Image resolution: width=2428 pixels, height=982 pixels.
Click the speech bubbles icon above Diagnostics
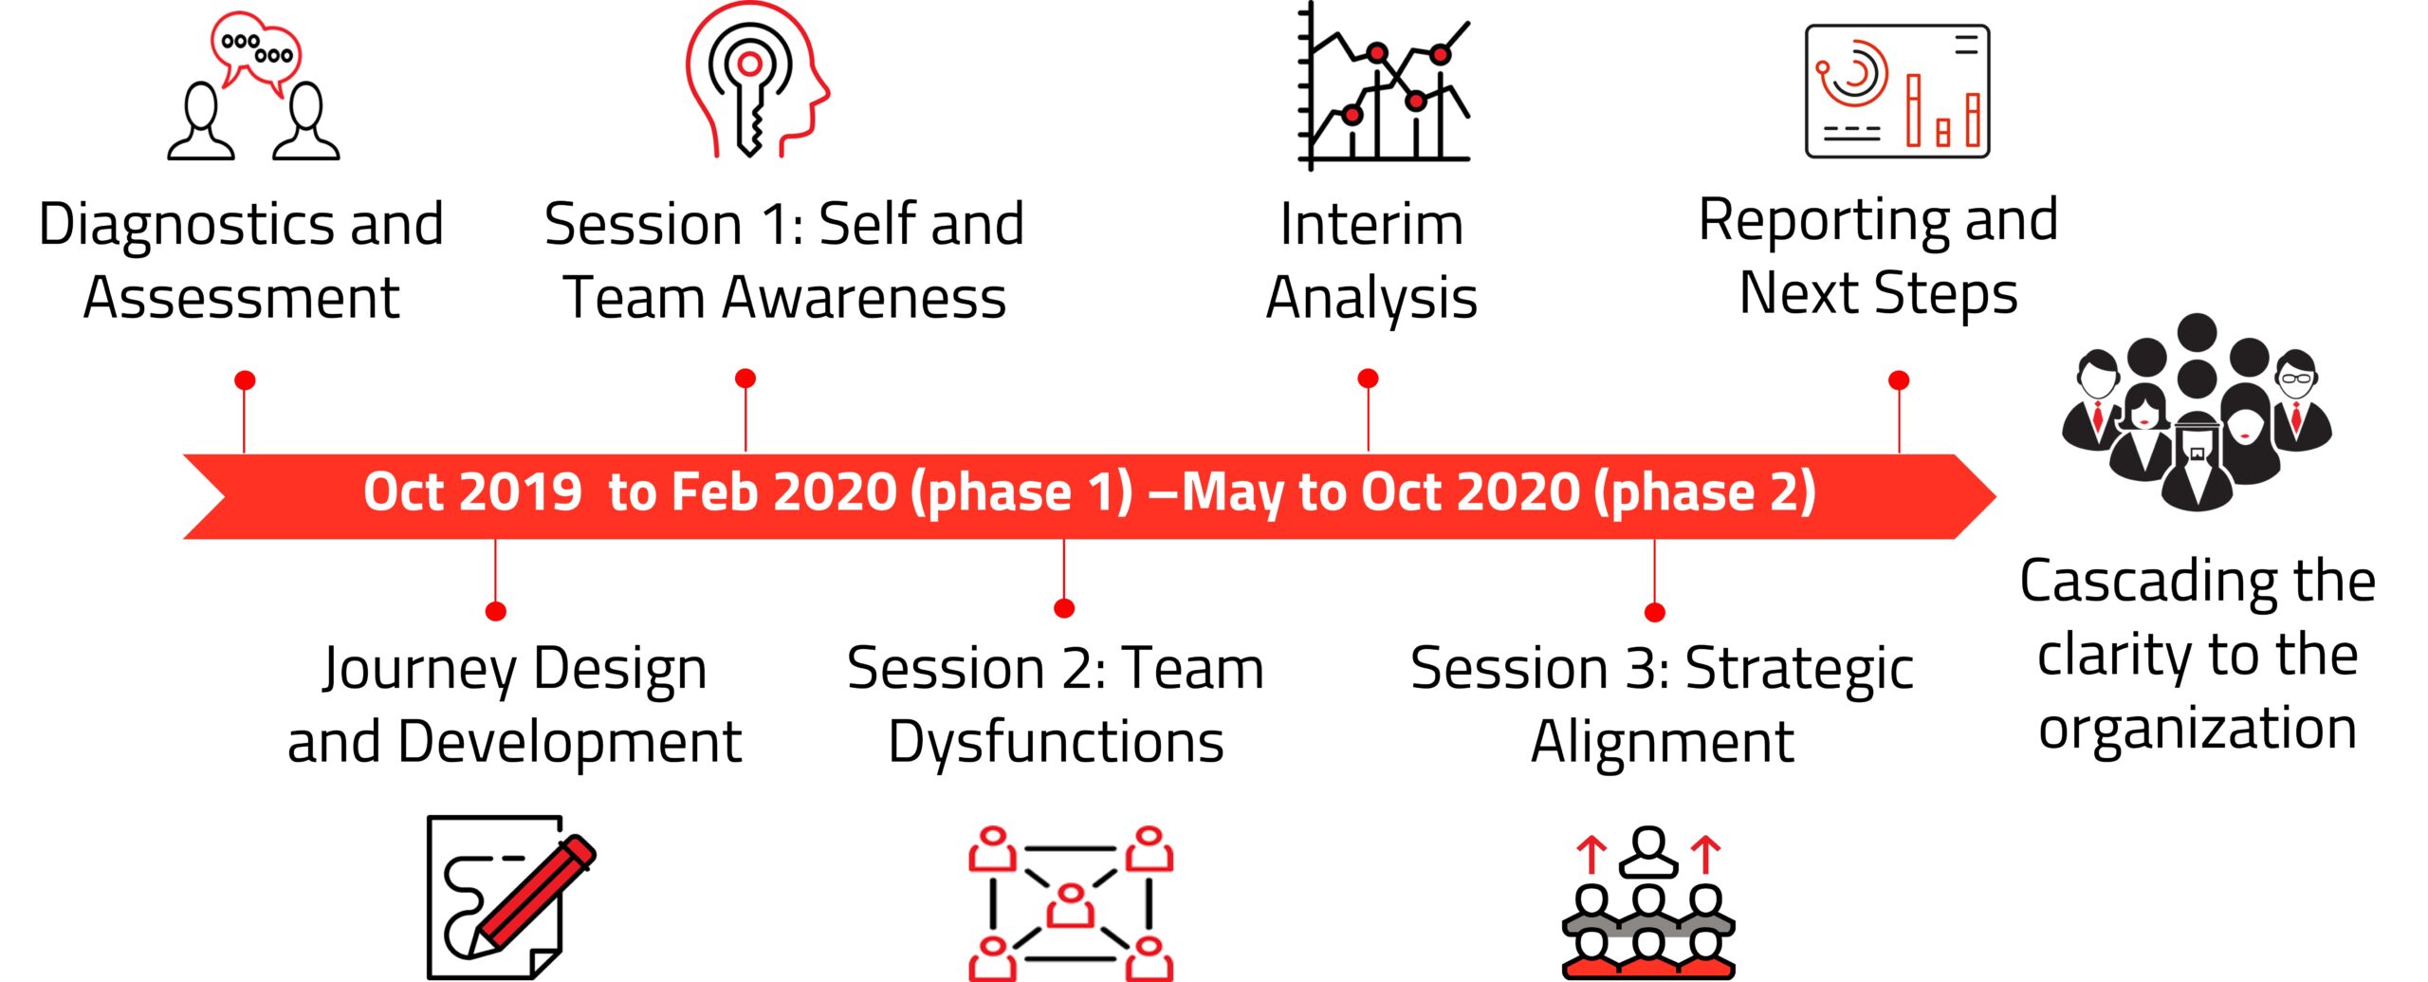(x=253, y=85)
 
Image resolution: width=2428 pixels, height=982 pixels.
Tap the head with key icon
(x=757, y=80)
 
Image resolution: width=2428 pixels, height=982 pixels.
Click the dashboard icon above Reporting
(x=1897, y=91)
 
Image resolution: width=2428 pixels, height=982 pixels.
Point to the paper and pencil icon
(x=510, y=898)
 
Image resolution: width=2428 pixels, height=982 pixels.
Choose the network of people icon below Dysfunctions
(x=1071, y=903)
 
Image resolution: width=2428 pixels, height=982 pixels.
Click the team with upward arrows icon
(x=1648, y=902)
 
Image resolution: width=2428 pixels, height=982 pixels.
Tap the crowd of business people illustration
(x=2197, y=413)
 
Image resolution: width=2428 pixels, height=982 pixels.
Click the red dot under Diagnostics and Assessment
(x=245, y=380)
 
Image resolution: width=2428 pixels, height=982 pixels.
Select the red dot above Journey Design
(x=495, y=611)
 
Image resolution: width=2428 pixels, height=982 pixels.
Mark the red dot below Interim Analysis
(x=1368, y=379)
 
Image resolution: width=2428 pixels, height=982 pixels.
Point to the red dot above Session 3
(x=1655, y=612)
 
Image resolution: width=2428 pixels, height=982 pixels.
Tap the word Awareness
(x=864, y=298)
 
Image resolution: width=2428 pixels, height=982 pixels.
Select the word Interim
(x=1371, y=225)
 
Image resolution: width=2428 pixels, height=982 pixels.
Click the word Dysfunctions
(x=1056, y=742)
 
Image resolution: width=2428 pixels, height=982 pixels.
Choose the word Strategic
(x=1799, y=669)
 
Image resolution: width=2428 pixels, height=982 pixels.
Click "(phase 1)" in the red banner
(x=1021, y=493)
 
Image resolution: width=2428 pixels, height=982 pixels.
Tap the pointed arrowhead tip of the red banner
(x=1996, y=496)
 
